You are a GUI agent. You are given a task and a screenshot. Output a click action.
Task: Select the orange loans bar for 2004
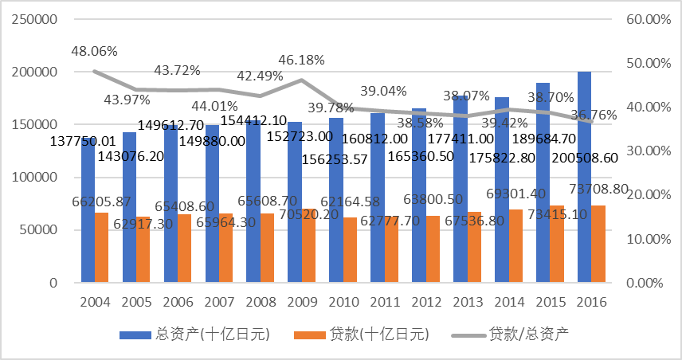tap(101, 248)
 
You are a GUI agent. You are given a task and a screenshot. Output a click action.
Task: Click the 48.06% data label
tap(93, 51)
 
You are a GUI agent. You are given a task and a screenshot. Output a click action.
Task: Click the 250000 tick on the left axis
tap(35, 19)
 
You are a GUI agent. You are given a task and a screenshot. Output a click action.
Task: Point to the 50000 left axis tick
tap(38, 230)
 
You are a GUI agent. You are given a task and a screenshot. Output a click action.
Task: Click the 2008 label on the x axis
tap(260, 303)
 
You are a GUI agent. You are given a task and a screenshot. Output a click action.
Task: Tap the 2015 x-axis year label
tap(550, 303)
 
